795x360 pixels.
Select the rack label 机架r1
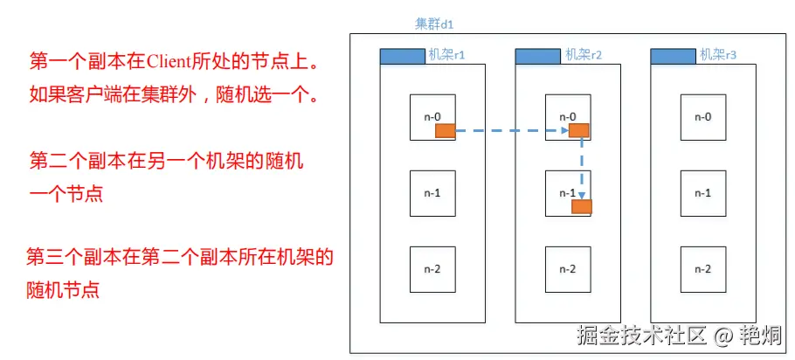tap(446, 55)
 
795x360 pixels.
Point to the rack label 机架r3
tap(718, 55)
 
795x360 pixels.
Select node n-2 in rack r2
tap(567, 267)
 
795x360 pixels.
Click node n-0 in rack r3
tap(702, 117)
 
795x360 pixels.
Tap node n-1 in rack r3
tap(702, 192)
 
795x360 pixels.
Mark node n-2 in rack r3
tap(702, 267)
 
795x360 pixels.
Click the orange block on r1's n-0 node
tap(446, 131)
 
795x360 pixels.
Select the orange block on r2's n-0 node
tap(578, 131)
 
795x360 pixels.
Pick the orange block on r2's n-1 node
tap(582, 206)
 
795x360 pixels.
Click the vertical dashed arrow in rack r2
tap(582, 166)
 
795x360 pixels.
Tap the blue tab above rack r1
tap(402, 56)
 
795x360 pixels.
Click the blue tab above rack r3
tap(674, 56)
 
